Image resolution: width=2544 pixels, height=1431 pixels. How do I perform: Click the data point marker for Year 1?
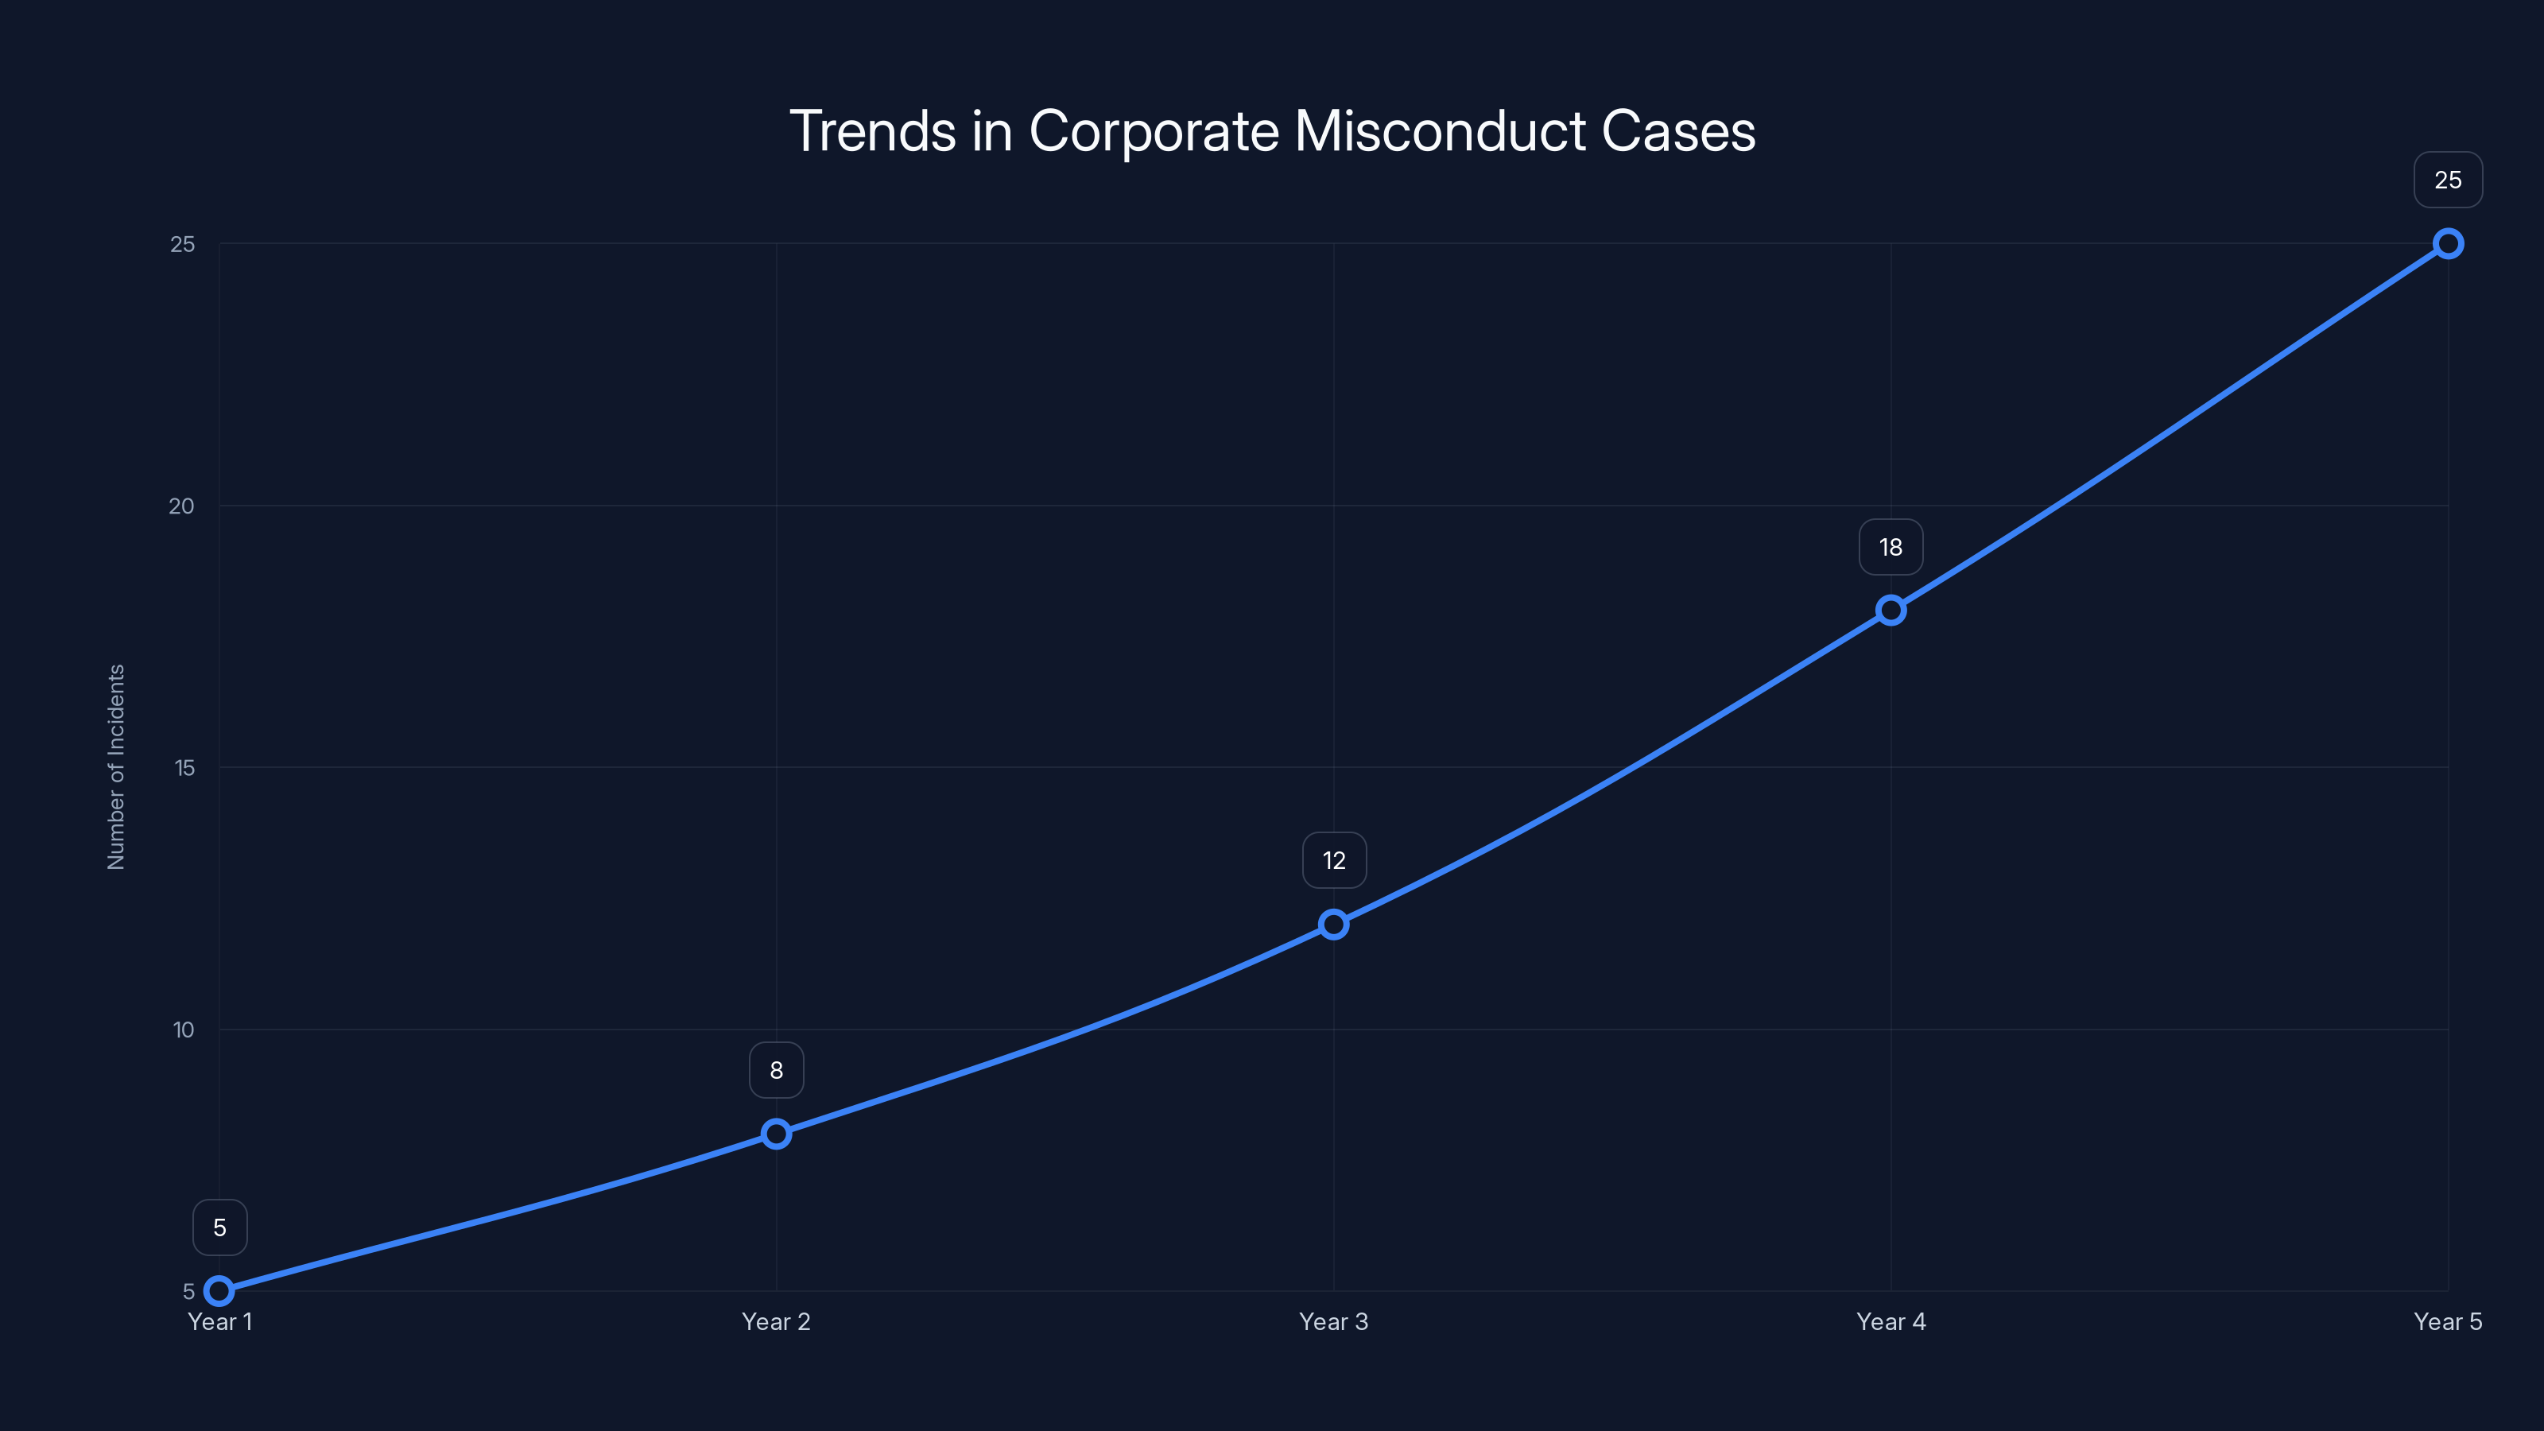[x=219, y=1291]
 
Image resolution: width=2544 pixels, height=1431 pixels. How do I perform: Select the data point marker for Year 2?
[x=776, y=1134]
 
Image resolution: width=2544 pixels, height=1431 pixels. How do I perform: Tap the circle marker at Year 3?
[x=1333, y=925]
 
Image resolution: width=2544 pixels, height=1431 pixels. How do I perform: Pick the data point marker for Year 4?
[x=1891, y=611]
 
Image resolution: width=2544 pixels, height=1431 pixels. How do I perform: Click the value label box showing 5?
[x=219, y=1227]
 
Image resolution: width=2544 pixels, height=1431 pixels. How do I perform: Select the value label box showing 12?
[x=1334, y=861]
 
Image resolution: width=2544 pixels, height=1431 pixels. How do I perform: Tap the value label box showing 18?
[x=1891, y=547]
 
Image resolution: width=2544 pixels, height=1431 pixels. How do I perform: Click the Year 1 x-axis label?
[x=220, y=1321]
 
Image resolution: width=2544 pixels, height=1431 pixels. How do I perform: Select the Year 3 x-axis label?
[x=1333, y=1321]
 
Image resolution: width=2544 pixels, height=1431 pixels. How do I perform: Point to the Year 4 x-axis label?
[x=1891, y=1321]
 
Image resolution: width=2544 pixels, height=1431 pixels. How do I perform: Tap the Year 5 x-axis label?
[x=2447, y=1321]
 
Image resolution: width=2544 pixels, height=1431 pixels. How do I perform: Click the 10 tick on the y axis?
[x=184, y=1030]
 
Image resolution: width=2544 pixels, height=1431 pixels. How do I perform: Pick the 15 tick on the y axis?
[x=184, y=768]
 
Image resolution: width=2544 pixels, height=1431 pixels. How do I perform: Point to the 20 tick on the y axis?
[x=182, y=506]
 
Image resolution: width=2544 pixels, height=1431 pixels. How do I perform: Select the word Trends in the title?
[x=873, y=131]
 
